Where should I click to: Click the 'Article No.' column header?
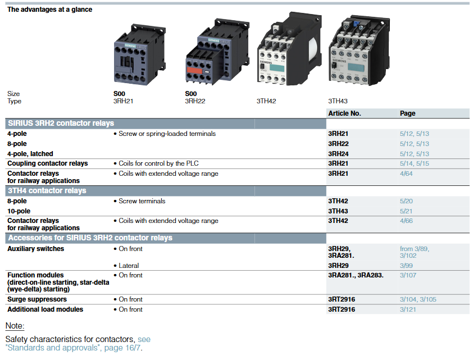[344, 113]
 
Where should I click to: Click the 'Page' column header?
[407, 113]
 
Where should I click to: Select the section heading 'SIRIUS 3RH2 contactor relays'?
[61, 124]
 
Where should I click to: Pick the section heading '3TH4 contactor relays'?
[47, 191]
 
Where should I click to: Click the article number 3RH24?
[338, 154]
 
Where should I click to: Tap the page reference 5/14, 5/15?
[414, 163]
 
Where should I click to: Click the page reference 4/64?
[406, 174]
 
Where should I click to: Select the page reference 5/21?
[406, 211]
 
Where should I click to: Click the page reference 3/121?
[408, 309]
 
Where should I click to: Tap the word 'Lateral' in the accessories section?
[129, 266]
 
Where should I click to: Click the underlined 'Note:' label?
[15, 326]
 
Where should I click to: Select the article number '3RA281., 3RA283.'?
[356, 275]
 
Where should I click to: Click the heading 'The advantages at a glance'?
[49, 10]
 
